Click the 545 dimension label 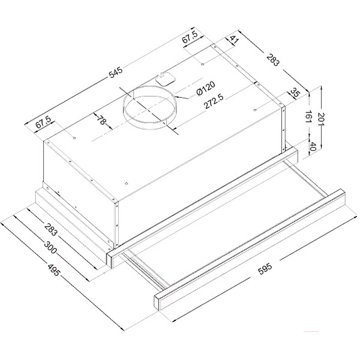click(x=116, y=72)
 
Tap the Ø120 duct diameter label click(x=206, y=88)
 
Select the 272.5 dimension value click(x=214, y=101)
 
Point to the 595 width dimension click(x=265, y=268)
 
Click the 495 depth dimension click(x=54, y=270)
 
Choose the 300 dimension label click(x=50, y=247)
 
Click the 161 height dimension click(x=308, y=116)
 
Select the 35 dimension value click(x=295, y=93)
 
